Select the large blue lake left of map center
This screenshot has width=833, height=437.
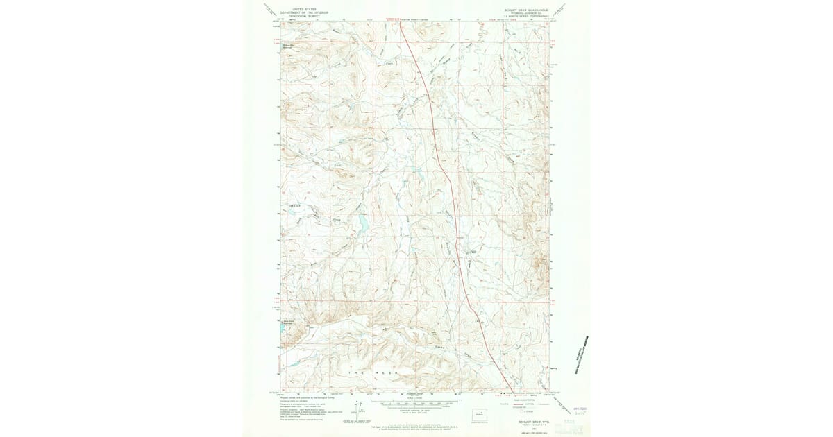click(362, 223)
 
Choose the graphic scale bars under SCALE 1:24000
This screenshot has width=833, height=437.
click(416, 402)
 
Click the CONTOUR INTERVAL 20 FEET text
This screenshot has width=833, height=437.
click(416, 411)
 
